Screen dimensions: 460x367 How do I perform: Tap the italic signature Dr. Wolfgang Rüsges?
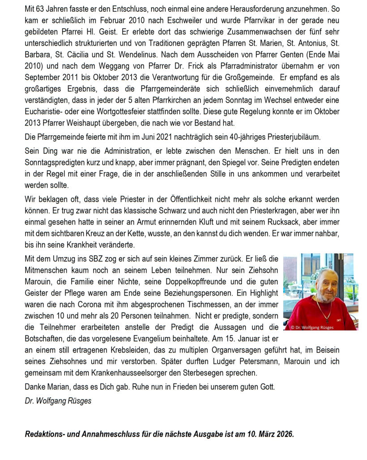pos(58,401)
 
